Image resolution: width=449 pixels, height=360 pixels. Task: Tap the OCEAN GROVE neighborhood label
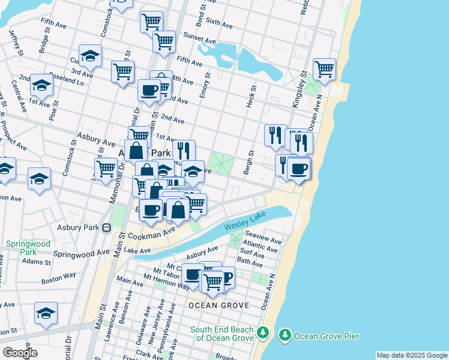tap(218, 305)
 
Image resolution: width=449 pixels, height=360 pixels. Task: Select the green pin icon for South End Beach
tap(262, 332)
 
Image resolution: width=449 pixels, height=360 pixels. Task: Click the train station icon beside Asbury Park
tap(107, 228)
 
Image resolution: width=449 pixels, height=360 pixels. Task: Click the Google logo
tap(20, 353)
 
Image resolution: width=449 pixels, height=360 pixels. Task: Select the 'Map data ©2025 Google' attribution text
tap(412, 355)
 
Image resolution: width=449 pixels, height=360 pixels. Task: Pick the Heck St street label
tap(252, 96)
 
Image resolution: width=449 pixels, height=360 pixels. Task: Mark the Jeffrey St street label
tap(16, 44)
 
